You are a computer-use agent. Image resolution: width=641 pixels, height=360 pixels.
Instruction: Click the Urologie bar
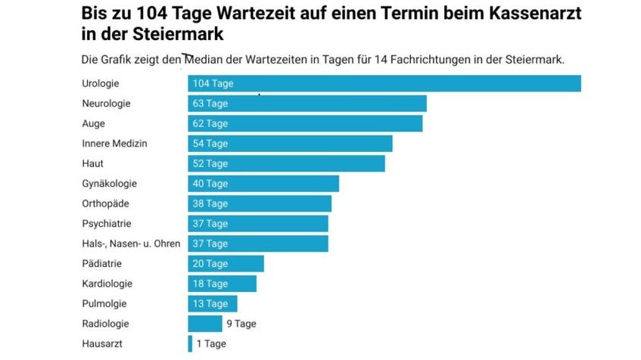click(x=384, y=83)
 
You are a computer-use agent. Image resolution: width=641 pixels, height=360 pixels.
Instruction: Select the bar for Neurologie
click(x=307, y=104)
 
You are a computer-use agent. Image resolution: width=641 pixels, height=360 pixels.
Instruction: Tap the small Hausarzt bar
click(x=190, y=343)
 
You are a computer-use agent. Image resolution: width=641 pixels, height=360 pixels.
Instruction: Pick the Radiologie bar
click(x=205, y=324)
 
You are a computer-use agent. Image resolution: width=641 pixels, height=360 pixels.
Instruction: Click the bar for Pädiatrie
click(x=226, y=264)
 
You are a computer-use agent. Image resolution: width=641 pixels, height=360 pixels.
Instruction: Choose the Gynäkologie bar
click(x=263, y=184)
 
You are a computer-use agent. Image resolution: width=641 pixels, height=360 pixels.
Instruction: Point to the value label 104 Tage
click(x=213, y=83)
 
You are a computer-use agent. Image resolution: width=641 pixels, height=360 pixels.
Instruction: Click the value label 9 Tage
click(x=241, y=324)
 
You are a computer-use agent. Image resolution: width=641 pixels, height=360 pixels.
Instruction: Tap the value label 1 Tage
click(x=211, y=343)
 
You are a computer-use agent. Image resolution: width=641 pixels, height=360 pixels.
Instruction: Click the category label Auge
click(x=93, y=123)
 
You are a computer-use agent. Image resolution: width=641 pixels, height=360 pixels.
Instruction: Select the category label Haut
click(x=92, y=163)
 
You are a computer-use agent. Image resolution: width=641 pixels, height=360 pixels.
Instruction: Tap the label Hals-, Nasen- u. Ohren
click(x=131, y=244)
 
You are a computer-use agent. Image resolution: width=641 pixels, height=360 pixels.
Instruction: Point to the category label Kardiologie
click(x=107, y=284)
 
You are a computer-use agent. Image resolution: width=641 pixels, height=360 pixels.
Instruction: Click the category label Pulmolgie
click(x=104, y=304)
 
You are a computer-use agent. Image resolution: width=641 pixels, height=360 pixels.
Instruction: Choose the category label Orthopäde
click(x=106, y=203)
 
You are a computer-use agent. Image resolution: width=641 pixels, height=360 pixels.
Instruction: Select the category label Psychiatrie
click(x=107, y=224)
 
